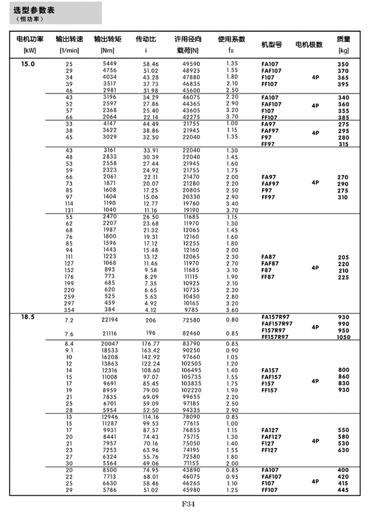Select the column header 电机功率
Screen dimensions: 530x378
click(x=26, y=39)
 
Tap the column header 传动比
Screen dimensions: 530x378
click(x=145, y=39)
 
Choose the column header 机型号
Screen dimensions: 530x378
click(x=271, y=44)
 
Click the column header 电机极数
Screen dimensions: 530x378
click(x=309, y=44)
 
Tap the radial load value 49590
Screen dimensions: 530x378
click(x=191, y=63)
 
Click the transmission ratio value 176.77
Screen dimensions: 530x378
click(x=151, y=344)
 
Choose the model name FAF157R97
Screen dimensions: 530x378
click(x=277, y=324)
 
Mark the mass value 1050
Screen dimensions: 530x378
click(x=343, y=337)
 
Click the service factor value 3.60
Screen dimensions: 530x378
click(x=231, y=310)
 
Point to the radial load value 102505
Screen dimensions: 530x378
click(x=191, y=363)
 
